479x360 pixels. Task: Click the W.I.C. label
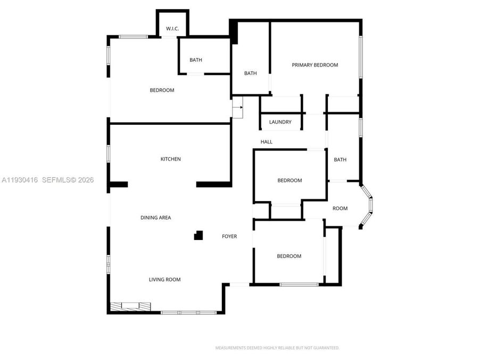[172, 28]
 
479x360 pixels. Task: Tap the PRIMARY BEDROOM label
[315, 65]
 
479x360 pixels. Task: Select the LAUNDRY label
[280, 122]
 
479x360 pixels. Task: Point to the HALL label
[266, 142]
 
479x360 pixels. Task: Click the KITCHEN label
[171, 159]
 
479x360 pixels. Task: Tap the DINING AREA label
[155, 218]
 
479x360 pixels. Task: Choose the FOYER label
[229, 236]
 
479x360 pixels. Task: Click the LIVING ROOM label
[164, 279]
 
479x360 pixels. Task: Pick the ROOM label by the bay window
[340, 209]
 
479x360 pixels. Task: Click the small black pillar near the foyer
[199, 235]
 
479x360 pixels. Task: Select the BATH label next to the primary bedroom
[250, 74]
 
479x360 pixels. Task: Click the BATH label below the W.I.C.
[195, 60]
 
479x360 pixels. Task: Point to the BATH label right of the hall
[340, 159]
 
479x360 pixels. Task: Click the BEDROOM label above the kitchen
[162, 90]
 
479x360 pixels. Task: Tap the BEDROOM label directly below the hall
[290, 180]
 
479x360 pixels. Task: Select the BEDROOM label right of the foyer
[289, 256]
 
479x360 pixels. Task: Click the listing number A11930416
[20, 180]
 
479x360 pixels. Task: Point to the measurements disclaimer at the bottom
[277, 348]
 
